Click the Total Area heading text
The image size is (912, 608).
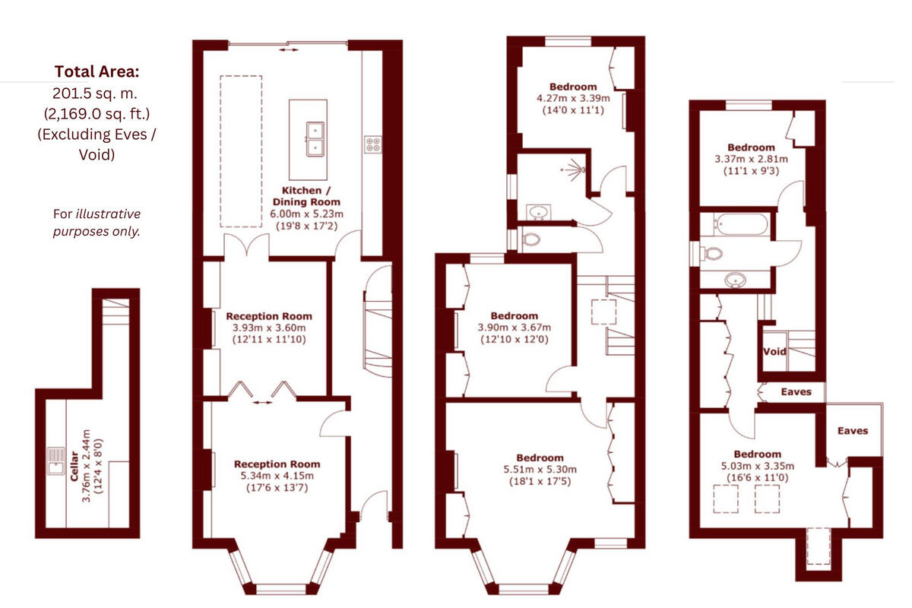[97, 72]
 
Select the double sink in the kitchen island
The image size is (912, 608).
[316, 138]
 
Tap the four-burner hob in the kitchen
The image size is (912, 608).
[372, 144]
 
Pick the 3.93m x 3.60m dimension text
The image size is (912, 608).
[269, 328]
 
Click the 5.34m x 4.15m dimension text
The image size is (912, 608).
[277, 476]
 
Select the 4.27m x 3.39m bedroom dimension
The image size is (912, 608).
[574, 98]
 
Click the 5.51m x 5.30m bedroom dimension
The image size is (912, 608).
[540, 469]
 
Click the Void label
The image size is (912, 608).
[774, 352]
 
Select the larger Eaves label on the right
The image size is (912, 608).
[853, 430]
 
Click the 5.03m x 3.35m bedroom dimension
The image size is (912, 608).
[756, 466]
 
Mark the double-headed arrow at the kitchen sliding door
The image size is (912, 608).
[288, 49]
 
